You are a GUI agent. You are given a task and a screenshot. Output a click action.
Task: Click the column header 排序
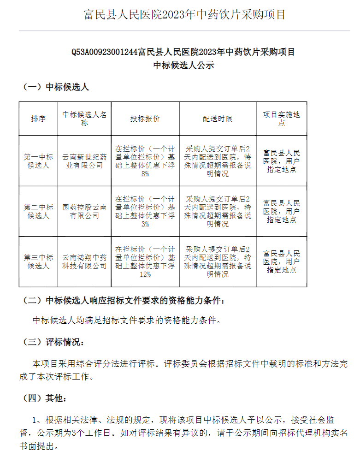[38, 119]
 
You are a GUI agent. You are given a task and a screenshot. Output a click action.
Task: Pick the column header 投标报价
[145, 119]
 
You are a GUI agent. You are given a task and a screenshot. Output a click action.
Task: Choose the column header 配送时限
[218, 119]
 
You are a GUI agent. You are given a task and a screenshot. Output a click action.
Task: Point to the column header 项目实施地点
[281, 119]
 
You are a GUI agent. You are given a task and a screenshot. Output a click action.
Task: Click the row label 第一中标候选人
[38, 161]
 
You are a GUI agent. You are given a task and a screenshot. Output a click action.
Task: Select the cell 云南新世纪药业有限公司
[84, 161]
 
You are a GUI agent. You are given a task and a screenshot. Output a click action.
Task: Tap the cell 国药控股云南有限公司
[84, 211]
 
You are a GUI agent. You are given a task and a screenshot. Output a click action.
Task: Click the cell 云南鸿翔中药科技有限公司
[84, 261]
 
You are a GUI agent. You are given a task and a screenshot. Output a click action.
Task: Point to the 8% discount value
[145, 174]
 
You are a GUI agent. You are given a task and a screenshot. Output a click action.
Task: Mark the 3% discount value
[145, 224]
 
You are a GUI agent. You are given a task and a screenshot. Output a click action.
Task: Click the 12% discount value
[145, 274]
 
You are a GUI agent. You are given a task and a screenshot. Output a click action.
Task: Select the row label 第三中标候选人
[38, 261]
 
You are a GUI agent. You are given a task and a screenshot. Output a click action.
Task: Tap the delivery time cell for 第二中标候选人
[218, 211]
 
